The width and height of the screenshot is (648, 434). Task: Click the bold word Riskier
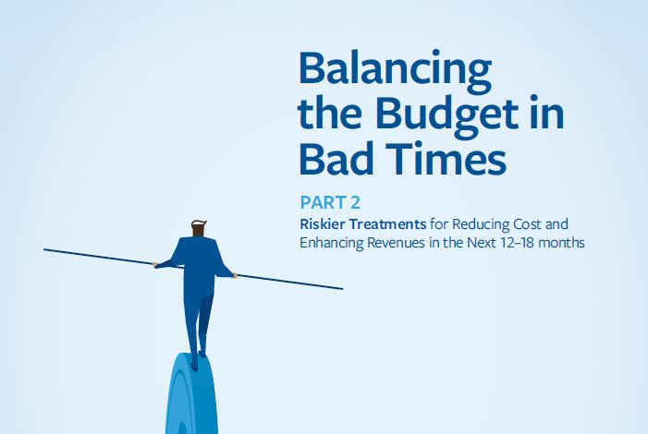point(321,223)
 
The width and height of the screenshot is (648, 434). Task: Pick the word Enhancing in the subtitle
point(330,243)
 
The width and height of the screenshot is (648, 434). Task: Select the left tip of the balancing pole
point(45,249)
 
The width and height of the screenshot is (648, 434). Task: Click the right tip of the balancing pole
point(341,289)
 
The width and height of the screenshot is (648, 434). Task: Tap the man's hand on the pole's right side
point(237,274)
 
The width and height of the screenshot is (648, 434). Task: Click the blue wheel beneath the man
point(192,397)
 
